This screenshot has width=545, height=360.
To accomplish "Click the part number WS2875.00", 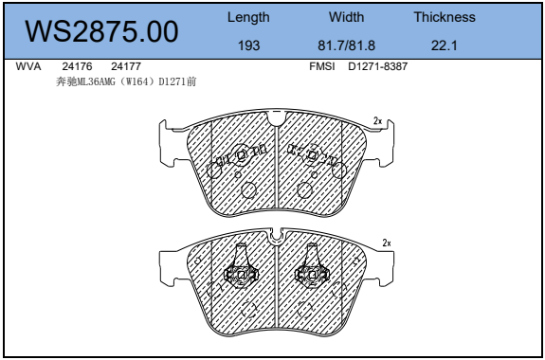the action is click(x=101, y=31).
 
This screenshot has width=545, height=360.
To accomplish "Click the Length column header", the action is click(x=248, y=17).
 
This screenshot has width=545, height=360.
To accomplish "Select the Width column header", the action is click(x=347, y=17).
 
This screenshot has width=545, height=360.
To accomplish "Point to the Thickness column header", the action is click(x=445, y=17).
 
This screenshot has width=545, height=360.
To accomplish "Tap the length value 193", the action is click(x=249, y=45).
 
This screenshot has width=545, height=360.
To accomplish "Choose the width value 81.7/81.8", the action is click(x=347, y=45).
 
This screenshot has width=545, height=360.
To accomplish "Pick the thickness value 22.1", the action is click(x=445, y=45).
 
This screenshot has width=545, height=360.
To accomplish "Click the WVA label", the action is click(x=28, y=66).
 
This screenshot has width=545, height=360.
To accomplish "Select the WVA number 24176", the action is click(x=77, y=66).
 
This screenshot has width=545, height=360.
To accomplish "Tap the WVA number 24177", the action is click(x=126, y=66).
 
